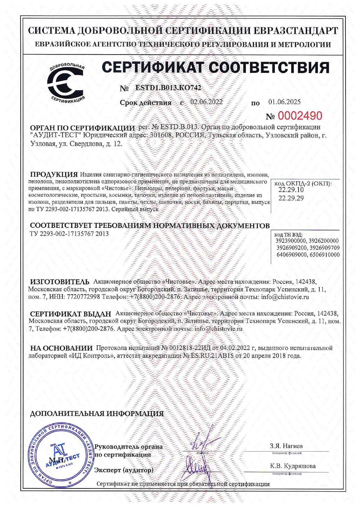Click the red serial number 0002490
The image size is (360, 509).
pos(300,116)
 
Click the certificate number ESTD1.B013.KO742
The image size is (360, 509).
pos(168,88)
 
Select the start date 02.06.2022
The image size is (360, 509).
pos(206,102)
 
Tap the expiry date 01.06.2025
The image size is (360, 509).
pos(284,102)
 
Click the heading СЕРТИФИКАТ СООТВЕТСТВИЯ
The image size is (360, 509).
pos(216,67)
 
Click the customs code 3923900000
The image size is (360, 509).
pos(291,241)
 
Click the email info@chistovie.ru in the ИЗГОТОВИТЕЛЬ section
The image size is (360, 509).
pos(285,297)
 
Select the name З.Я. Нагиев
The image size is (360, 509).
pos(286,446)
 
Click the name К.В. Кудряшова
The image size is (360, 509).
pos(293,466)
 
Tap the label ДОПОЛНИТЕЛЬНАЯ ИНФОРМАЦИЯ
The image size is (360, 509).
pos(97,414)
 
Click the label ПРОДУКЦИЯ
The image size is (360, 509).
pos(54,174)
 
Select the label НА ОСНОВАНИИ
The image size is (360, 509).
pos(61,348)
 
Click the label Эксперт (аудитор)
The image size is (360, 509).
pos(124,470)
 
